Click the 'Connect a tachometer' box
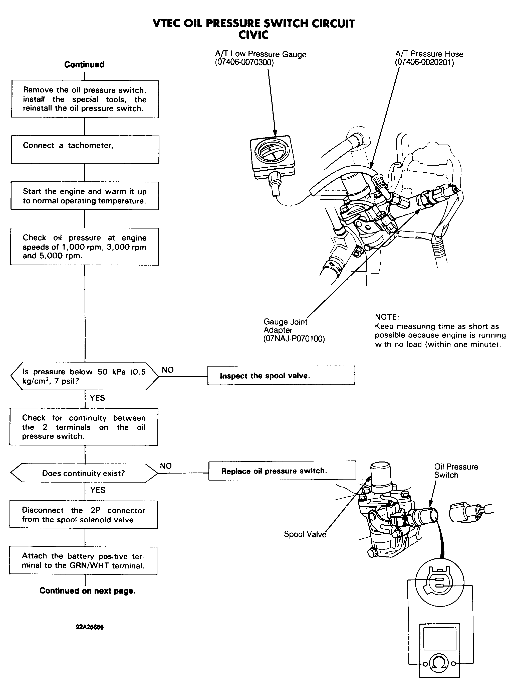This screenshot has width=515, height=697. click(x=85, y=150)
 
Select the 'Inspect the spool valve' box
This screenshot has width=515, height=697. click(x=281, y=376)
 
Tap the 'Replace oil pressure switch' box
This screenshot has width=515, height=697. click(x=282, y=471)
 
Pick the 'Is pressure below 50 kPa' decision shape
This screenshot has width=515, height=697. click(x=84, y=376)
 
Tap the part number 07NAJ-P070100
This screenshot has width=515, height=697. click(x=294, y=339)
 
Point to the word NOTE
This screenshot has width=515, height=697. click(x=387, y=317)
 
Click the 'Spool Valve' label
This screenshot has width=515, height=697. click(x=305, y=534)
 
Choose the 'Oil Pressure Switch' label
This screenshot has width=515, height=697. click(x=456, y=471)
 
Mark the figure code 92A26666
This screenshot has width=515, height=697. click(x=90, y=627)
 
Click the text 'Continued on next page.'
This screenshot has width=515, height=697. click(x=87, y=591)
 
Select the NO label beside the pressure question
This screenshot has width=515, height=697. click(x=168, y=370)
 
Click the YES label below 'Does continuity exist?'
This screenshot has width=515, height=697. click(x=98, y=490)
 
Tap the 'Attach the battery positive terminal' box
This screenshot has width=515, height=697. click(x=83, y=561)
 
